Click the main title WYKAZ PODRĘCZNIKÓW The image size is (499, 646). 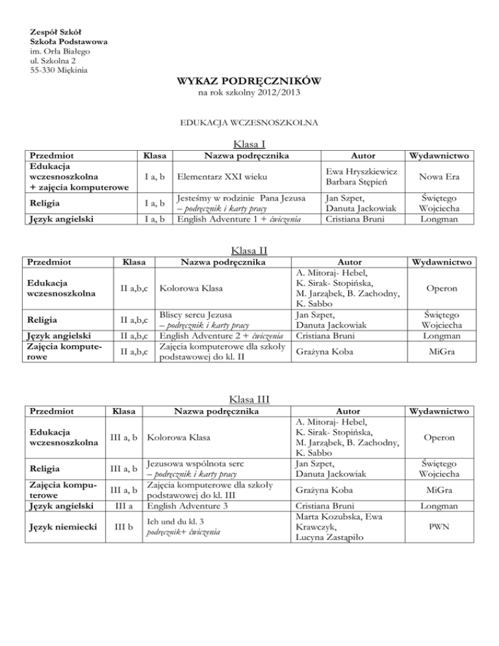coord(248,83)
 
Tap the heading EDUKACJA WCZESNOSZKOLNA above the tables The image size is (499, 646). coord(249,122)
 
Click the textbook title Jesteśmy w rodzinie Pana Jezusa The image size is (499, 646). coord(235,198)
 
